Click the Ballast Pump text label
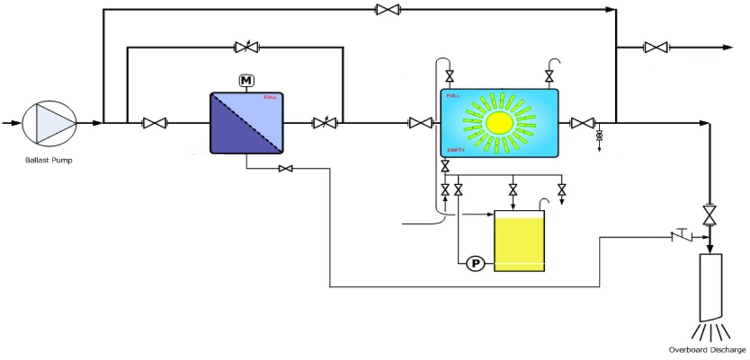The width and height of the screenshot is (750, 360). tap(49, 160)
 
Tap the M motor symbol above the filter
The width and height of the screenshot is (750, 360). tap(246, 80)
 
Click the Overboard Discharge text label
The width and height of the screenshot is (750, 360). tap(707, 350)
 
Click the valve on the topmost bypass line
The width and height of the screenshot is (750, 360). tap(387, 10)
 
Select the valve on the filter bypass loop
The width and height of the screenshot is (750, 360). tap(246, 47)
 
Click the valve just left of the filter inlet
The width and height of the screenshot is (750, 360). tap(154, 123)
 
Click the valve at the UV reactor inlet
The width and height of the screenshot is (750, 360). tap(420, 123)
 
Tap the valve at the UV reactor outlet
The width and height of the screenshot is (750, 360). tap(582, 123)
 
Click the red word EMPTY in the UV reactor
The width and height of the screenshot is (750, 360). tap(456, 149)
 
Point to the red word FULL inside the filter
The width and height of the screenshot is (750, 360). tap(270, 97)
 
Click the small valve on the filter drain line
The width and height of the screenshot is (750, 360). tap(286, 169)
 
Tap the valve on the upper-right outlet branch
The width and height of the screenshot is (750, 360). tap(656, 47)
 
